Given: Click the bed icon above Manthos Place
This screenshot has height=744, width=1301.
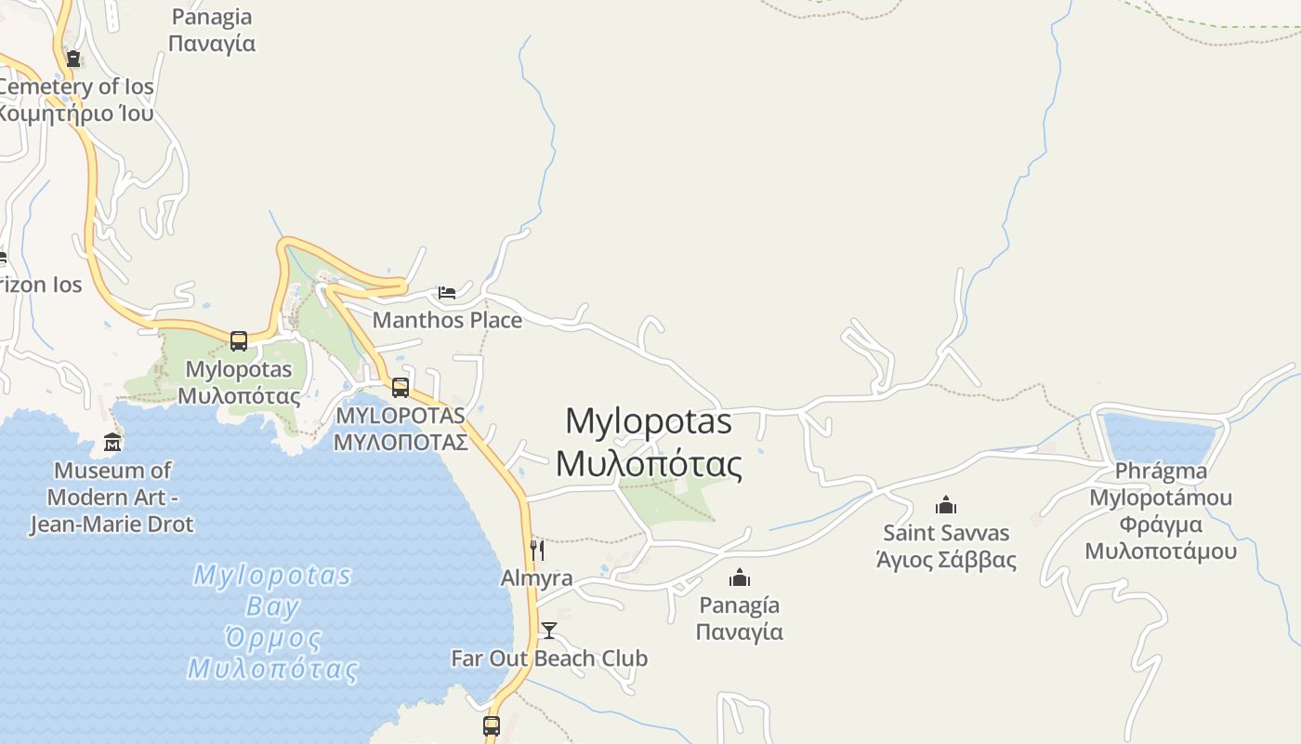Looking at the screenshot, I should [x=447, y=293].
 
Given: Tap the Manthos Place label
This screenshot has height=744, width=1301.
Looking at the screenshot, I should [x=447, y=320].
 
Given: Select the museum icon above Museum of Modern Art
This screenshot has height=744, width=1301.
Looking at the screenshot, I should [x=112, y=442].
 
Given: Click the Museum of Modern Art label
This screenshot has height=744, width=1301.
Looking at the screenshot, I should [x=112, y=497].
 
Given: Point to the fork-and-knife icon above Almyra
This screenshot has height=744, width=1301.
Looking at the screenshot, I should [x=536, y=550].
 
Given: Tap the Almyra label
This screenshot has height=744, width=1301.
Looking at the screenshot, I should [x=536, y=578].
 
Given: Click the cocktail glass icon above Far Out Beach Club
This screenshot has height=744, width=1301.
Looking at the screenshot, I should [x=549, y=631].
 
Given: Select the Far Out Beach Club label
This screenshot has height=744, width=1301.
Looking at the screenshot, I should [x=549, y=658].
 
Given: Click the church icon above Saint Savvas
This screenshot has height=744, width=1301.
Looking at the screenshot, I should [x=946, y=505].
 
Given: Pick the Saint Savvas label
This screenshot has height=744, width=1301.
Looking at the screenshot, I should [x=946, y=546].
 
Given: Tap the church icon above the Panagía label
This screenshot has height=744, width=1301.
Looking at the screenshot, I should [x=740, y=578].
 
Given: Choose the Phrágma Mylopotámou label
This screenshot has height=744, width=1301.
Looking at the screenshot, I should [x=1161, y=511].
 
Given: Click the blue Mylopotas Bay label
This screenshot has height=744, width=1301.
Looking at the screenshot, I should [x=272, y=621].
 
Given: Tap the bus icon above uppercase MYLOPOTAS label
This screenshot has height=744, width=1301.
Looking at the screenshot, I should [x=401, y=387].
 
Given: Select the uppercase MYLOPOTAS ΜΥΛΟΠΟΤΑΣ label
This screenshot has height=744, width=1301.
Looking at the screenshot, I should [x=401, y=428].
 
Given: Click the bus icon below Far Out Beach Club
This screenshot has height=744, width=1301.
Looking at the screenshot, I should [x=492, y=725].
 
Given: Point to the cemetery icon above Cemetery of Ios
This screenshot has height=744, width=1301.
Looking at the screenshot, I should [x=72, y=59].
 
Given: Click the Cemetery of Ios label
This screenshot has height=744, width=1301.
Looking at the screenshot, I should [x=76, y=100].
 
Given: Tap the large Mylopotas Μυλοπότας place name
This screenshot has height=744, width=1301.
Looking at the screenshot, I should [x=649, y=442].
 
